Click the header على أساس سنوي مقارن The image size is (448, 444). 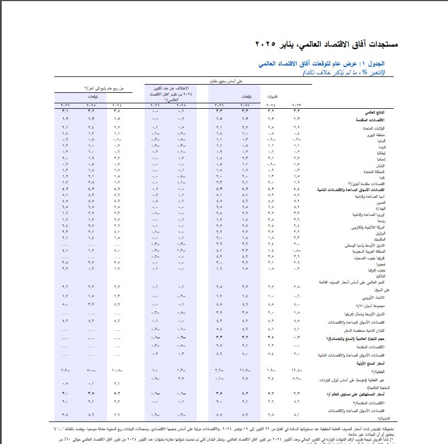219,82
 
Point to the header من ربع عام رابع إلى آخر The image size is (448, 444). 104,88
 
